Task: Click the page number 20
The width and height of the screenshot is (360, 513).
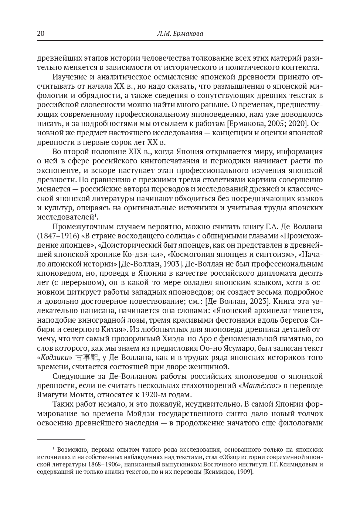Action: [41, 34]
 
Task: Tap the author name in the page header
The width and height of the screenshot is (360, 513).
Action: [180, 34]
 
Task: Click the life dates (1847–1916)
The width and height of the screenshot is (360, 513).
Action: [57, 236]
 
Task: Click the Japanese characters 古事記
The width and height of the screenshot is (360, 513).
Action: [86, 357]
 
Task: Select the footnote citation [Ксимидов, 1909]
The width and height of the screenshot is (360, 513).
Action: [228, 472]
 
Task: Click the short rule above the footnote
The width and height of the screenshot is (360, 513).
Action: [61, 440]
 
